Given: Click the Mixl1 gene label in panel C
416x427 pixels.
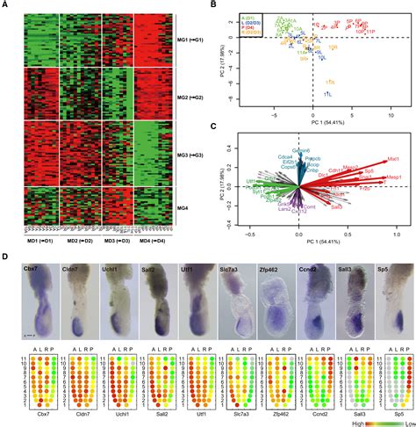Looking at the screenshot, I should (392, 159).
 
